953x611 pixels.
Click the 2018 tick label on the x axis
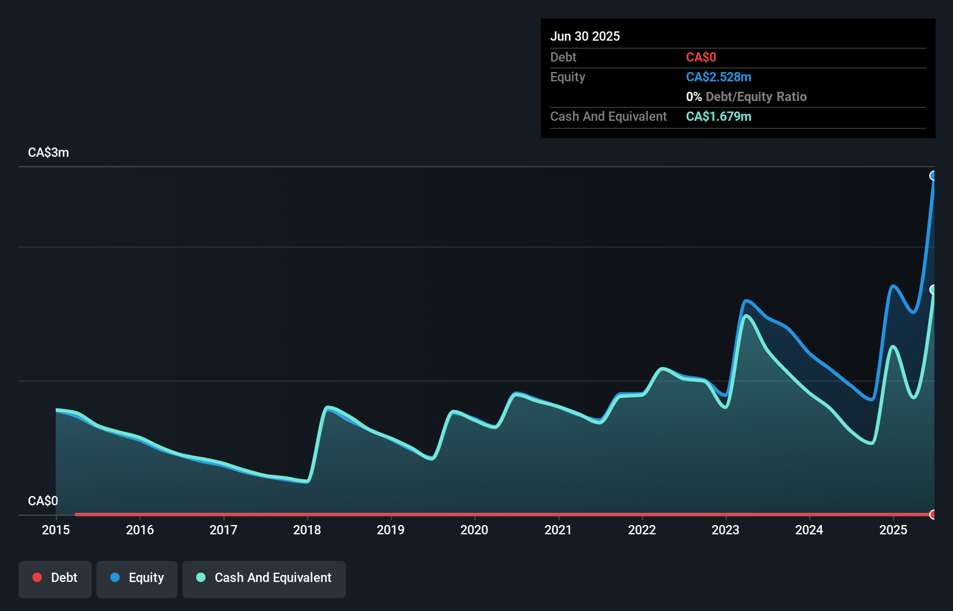(x=306, y=530)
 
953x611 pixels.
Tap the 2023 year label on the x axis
(x=725, y=530)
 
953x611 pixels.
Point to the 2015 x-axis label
(x=56, y=530)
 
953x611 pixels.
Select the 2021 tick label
(x=558, y=530)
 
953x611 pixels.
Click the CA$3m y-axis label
(x=48, y=153)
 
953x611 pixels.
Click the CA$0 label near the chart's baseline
(x=43, y=501)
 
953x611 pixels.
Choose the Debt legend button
(x=55, y=578)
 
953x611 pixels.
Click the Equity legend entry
(x=137, y=578)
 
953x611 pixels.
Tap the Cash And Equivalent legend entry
(x=264, y=578)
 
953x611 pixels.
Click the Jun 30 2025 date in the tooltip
(x=585, y=37)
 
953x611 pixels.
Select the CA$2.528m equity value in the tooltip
(x=719, y=77)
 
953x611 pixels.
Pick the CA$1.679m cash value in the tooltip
(x=719, y=117)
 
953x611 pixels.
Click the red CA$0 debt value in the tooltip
(x=701, y=57)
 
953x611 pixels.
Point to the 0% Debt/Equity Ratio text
(x=746, y=97)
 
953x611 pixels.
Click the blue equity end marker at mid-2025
(x=933, y=176)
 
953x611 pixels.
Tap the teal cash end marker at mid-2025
(x=933, y=289)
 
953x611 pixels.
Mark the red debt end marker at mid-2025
(x=933, y=514)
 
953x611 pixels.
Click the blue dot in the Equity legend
(x=115, y=577)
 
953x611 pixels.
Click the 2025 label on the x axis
(x=893, y=530)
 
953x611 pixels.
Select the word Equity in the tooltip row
(x=568, y=77)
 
